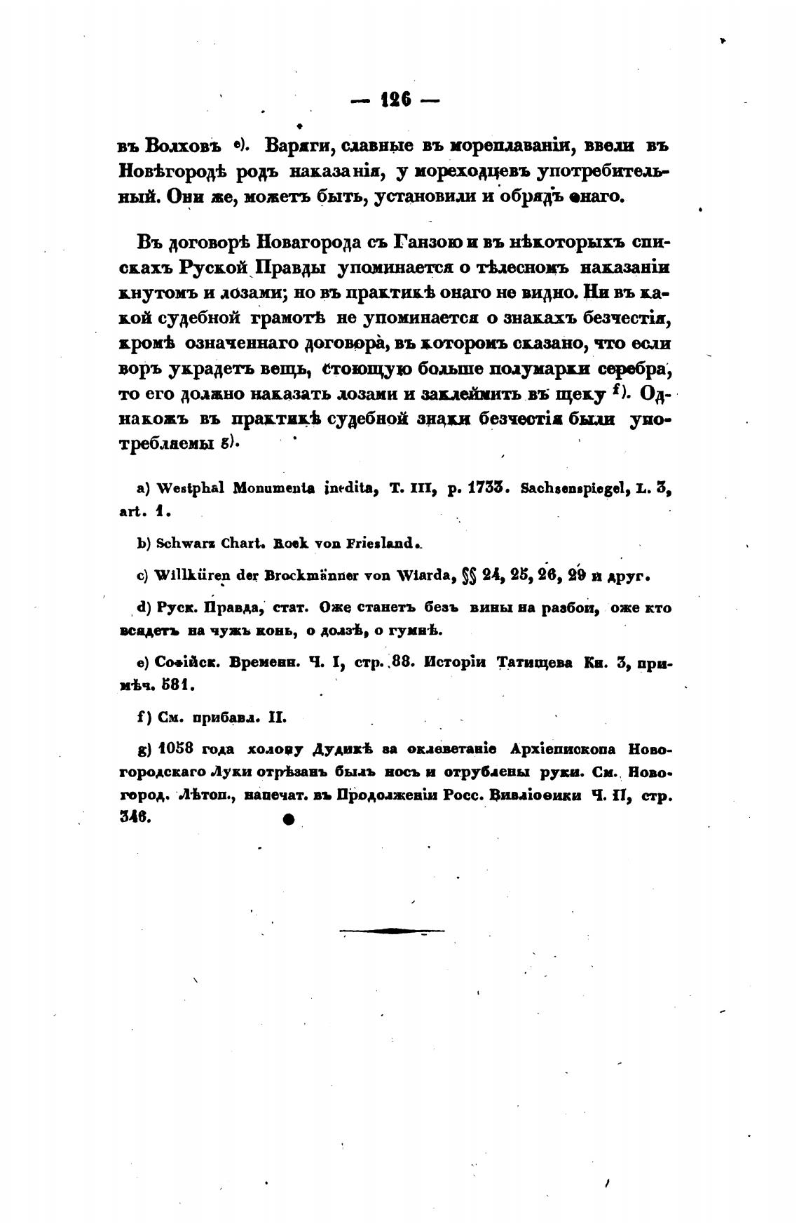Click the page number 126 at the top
[x=395, y=101]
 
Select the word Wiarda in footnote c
[x=420, y=577]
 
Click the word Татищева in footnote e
[x=538, y=662]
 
